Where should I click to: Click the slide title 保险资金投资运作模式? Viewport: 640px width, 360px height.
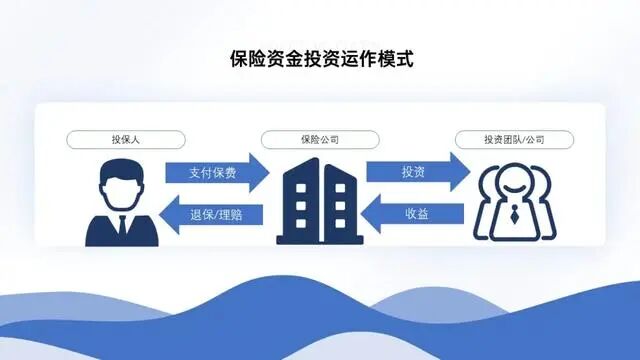click(x=320, y=59)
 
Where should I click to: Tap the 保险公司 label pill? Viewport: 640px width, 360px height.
click(x=319, y=138)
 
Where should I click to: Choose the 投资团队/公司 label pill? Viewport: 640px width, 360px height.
click(x=514, y=138)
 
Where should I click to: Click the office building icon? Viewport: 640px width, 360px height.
click(x=318, y=202)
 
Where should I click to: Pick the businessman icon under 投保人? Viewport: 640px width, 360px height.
click(x=120, y=205)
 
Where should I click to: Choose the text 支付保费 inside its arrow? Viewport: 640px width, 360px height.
click(x=212, y=172)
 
